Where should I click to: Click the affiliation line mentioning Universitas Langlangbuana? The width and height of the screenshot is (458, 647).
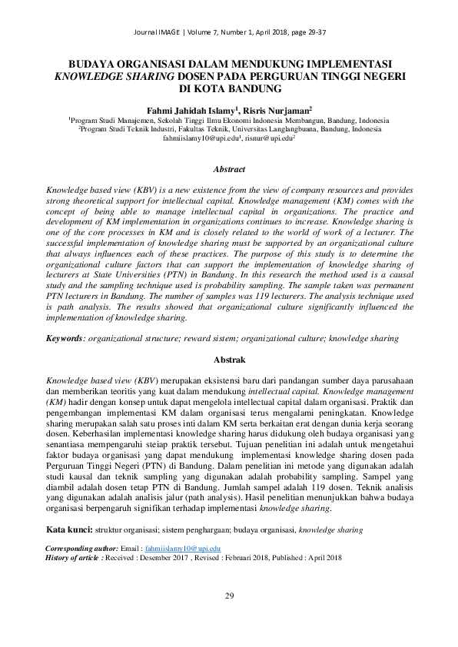[x=229, y=129]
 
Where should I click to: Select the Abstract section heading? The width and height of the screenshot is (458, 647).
[x=229, y=169]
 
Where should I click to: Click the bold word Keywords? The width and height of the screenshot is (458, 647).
[x=65, y=337]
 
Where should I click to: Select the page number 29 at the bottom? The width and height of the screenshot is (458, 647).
[x=229, y=596]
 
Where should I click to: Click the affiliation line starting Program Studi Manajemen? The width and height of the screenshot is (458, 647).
[x=229, y=120]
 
